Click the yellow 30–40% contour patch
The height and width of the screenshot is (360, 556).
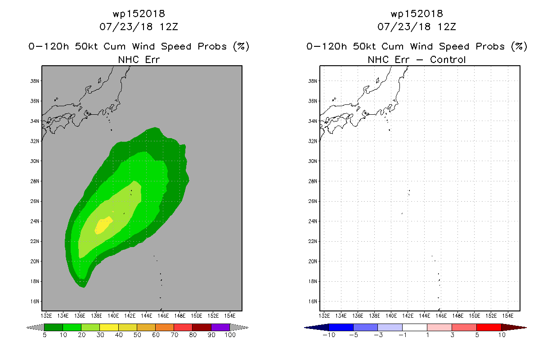pos(103,225)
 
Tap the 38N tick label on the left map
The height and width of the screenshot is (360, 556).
pos(35,81)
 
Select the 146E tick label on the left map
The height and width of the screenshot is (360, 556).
pos(163,316)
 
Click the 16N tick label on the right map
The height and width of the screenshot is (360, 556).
pos(313,301)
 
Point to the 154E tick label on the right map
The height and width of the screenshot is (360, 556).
pos(508,316)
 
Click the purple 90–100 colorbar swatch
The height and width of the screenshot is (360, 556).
pos(220,327)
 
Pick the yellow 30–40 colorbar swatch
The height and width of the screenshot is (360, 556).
pos(109,327)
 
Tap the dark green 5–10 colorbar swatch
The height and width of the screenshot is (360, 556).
pos(54,327)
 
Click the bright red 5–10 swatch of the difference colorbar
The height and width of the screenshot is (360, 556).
pos(489,327)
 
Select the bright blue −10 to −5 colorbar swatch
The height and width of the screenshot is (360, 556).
pos(341,327)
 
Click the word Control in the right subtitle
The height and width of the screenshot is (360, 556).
pos(448,60)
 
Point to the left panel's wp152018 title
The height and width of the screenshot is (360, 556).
pos(139,13)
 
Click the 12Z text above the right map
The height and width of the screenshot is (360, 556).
pos(447,27)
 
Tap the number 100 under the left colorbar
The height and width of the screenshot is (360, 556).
pos(230,335)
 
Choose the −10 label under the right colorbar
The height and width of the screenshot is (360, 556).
pos(329,335)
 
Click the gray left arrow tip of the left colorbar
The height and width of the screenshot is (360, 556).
pos(27,328)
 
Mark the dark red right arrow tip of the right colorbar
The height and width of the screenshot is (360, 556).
pos(526,328)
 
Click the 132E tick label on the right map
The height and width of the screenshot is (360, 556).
pos(324,316)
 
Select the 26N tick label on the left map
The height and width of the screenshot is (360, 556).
pos(35,201)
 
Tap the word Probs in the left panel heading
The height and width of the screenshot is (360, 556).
pos(212,47)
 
